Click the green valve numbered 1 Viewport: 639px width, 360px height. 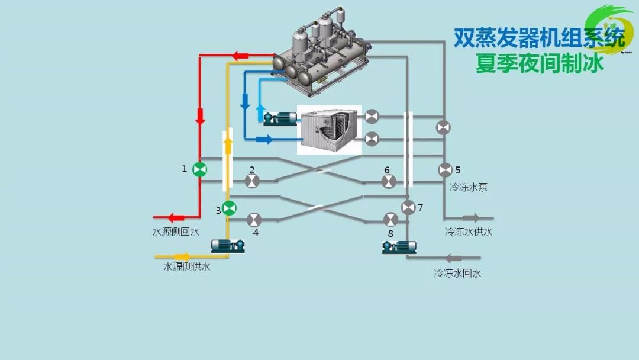(x=200, y=170)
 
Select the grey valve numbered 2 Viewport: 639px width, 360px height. (x=252, y=181)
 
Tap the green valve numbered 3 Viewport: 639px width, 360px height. (x=229, y=208)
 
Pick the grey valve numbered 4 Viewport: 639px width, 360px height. (x=253, y=220)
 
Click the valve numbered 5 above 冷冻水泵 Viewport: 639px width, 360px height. (x=445, y=170)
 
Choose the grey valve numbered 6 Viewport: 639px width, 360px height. (x=389, y=181)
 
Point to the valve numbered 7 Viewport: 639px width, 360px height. (x=408, y=207)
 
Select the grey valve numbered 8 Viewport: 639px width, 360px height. (x=390, y=220)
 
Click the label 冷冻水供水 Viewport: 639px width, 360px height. (x=469, y=232)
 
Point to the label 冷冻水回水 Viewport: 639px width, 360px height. (x=457, y=273)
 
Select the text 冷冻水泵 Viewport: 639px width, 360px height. (x=468, y=187)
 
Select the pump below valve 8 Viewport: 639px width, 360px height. (x=399, y=246)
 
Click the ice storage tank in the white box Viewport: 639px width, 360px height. (x=328, y=130)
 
